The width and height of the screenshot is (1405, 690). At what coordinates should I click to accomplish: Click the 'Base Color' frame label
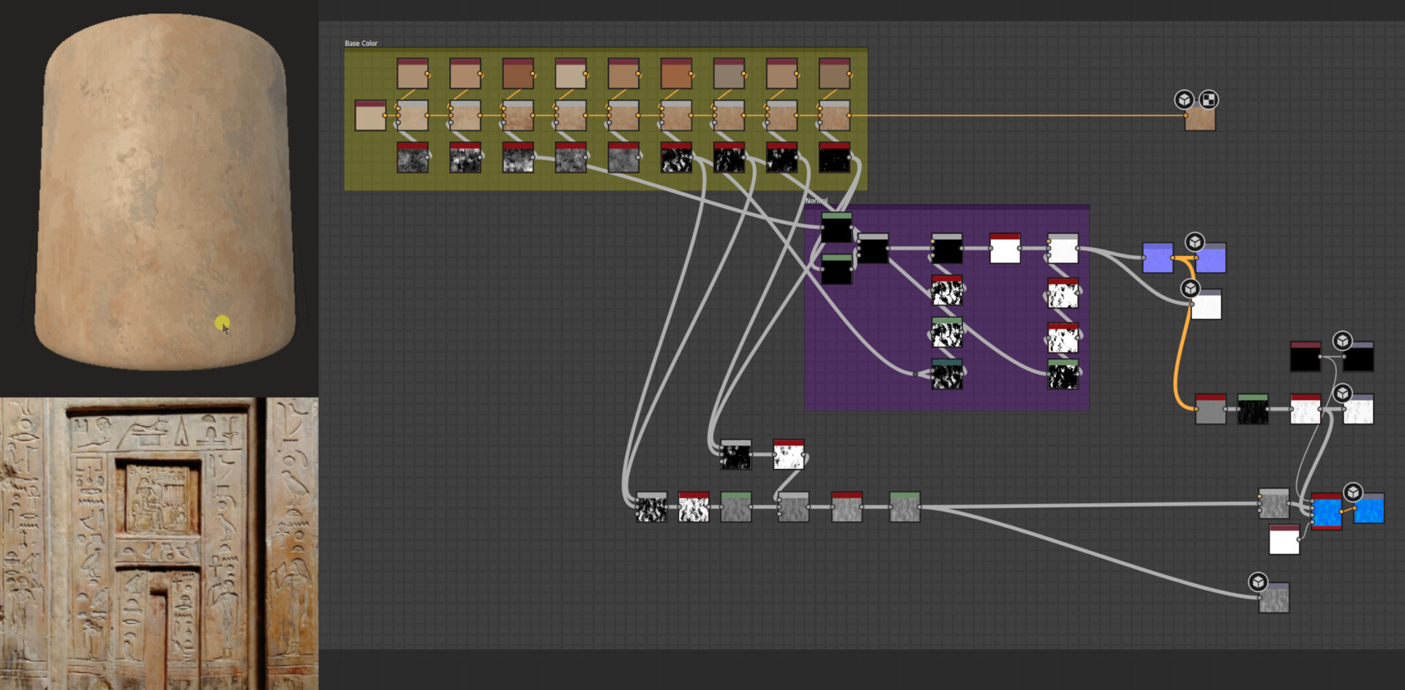[361, 43]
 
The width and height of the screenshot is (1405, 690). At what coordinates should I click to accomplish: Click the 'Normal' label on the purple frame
[816, 200]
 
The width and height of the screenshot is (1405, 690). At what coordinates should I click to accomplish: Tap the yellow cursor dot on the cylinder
[222, 322]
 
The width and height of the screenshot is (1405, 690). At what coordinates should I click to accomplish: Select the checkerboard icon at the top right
[1208, 100]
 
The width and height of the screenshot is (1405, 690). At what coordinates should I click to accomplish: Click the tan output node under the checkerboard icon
[1200, 118]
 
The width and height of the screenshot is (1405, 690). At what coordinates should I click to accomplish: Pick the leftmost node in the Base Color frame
[370, 116]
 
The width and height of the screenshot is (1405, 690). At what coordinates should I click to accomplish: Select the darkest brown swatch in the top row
[518, 74]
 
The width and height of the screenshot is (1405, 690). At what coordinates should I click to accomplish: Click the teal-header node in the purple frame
[946, 374]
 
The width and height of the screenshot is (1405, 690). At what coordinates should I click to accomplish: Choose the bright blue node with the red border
[1326, 511]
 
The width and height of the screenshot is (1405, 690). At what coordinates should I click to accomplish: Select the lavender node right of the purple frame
[1157, 258]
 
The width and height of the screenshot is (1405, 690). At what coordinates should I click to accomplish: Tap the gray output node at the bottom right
[1273, 599]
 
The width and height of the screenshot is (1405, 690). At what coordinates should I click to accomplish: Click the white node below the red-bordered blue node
[1284, 539]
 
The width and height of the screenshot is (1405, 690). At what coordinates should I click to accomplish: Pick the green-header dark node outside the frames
[1252, 409]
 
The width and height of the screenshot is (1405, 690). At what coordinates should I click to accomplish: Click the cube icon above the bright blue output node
[1353, 492]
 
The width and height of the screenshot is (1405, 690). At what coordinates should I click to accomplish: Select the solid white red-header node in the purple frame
[1005, 249]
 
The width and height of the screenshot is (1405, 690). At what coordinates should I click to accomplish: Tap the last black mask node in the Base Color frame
[834, 157]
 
